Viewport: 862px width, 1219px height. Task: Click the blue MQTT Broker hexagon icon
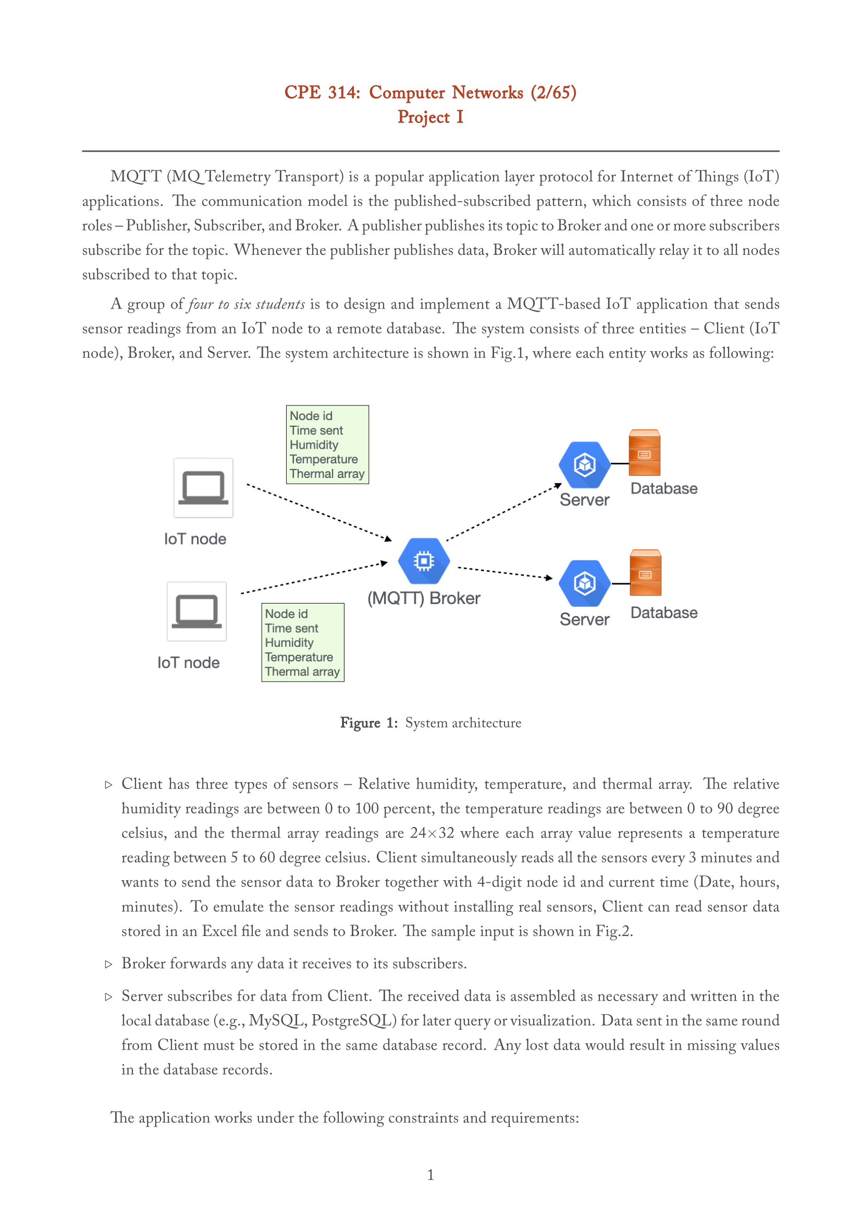(424, 561)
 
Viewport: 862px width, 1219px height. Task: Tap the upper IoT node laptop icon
(203, 487)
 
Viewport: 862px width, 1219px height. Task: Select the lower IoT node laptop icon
(196, 611)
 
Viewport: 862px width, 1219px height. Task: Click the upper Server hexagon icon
(584, 464)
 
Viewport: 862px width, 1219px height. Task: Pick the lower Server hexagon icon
(584, 583)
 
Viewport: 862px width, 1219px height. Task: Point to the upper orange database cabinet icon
(644, 453)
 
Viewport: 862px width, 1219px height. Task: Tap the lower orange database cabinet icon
(645, 573)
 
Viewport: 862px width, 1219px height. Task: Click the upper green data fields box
(327, 445)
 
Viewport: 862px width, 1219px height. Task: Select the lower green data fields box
(303, 642)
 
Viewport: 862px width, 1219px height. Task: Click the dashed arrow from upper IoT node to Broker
(318, 512)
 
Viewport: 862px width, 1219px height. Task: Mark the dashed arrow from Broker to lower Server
(504, 573)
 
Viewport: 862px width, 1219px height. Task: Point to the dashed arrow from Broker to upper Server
(504, 512)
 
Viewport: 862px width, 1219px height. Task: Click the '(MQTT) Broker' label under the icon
(424, 598)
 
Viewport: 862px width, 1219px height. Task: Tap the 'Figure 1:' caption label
(369, 723)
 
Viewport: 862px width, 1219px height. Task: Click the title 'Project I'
(430, 117)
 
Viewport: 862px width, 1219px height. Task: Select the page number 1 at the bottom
(430, 1175)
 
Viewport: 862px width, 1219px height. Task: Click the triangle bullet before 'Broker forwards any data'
(109, 964)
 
